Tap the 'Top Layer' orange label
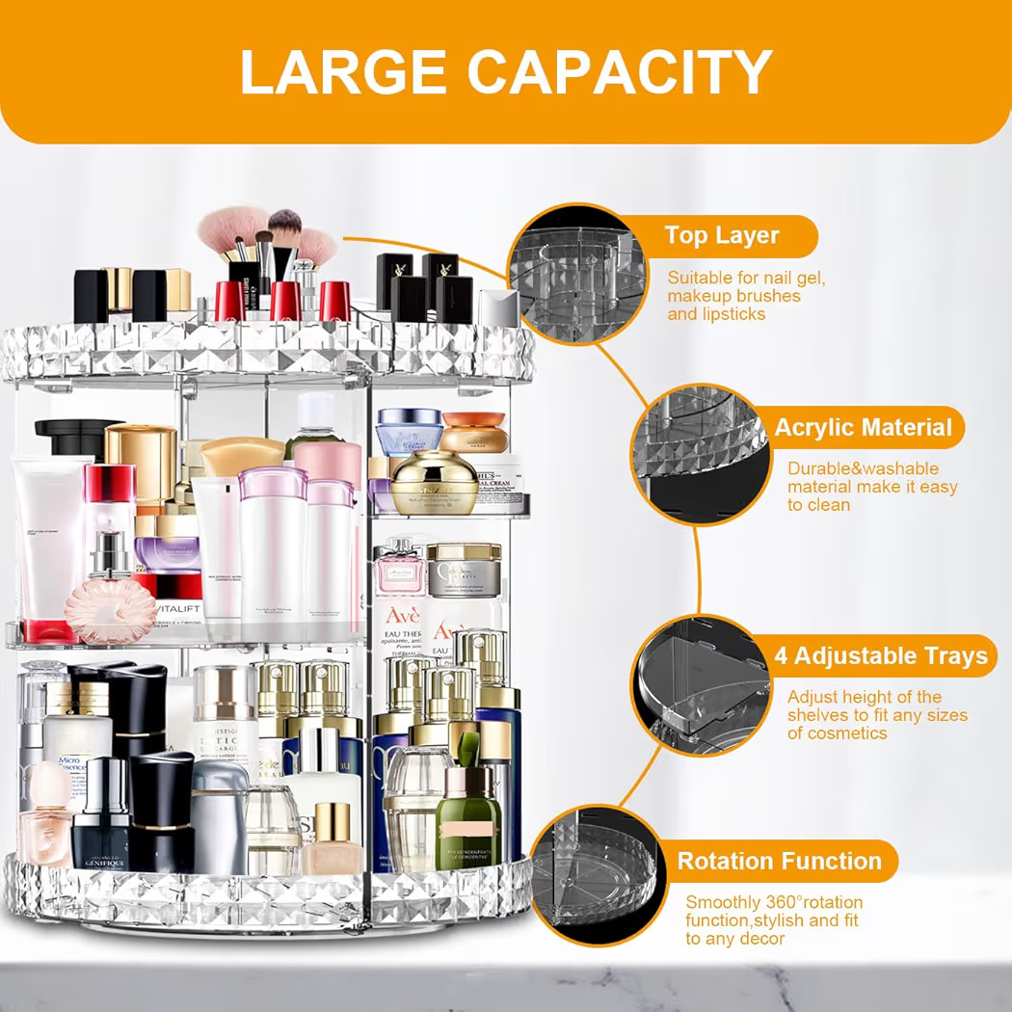tap(721, 235)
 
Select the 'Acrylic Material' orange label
tap(863, 427)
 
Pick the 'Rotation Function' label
tap(779, 861)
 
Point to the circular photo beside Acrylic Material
tap(699, 455)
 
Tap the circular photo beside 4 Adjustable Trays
tap(700, 684)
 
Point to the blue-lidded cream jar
tap(410, 431)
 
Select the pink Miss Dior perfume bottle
tap(399, 578)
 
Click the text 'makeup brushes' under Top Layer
tap(733, 296)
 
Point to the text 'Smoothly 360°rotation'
tap(774, 902)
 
